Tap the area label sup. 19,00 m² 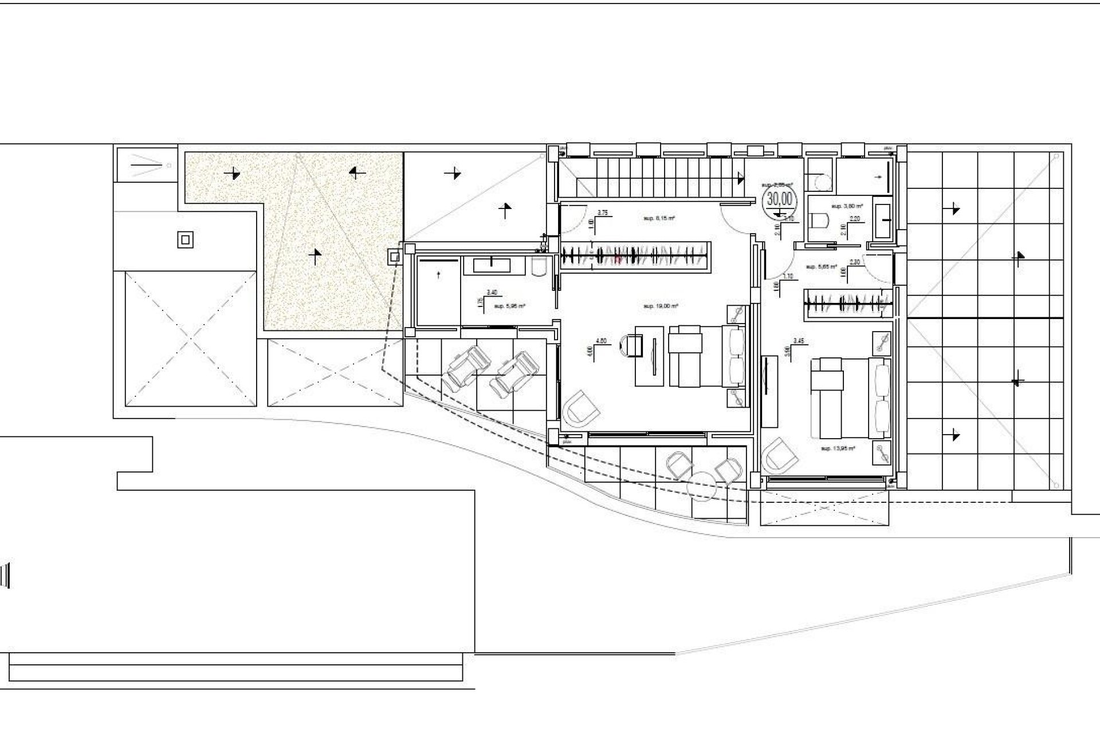point(661,306)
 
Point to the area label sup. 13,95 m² point(838,448)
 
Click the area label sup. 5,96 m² point(509,306)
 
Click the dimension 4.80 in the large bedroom point(601,341)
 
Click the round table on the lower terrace point(703,481)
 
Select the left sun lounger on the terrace point(466,368)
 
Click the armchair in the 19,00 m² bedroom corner point(582,409)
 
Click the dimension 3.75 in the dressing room point(603,212)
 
